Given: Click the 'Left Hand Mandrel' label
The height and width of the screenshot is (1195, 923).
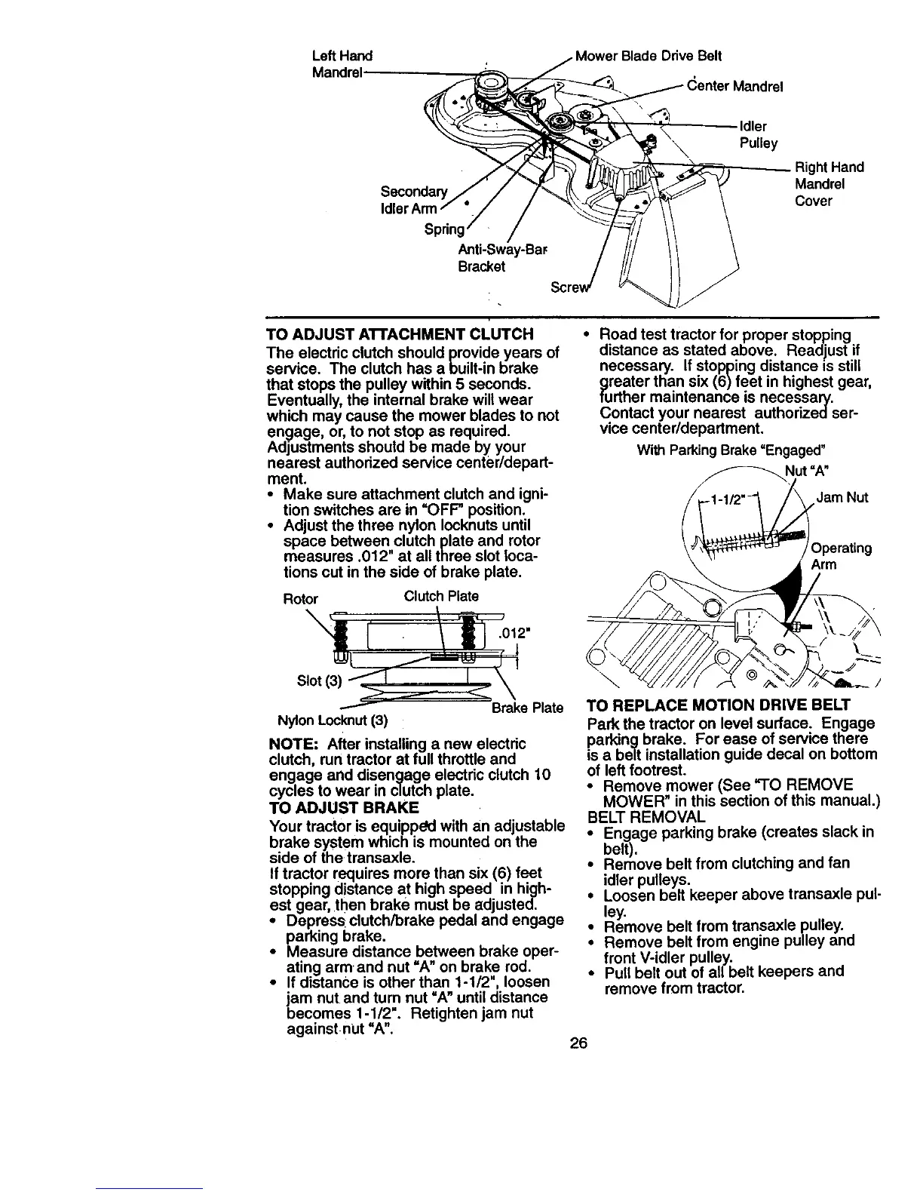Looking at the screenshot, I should coord(342,64).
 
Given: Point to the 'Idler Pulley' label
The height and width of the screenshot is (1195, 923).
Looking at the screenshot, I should coord(758,134).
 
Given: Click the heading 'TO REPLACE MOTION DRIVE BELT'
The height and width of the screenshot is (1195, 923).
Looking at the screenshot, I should coord(718,706).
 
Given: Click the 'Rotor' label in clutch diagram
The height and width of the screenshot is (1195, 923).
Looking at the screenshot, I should coord(300,599).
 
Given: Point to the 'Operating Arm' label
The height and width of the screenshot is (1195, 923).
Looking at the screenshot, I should coord(841,556).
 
